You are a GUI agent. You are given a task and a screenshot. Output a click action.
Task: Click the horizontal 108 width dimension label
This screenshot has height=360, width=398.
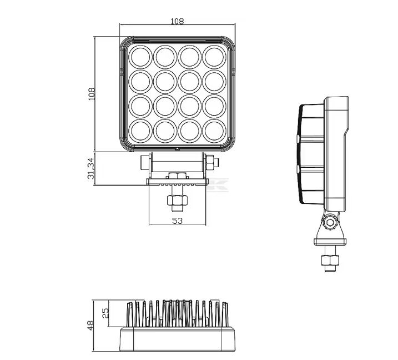[x=177, y=21]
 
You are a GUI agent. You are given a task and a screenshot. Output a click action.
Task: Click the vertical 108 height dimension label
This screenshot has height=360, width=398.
[x=92, y=94]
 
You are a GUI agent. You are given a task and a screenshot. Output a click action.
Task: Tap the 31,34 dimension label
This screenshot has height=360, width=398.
[x=91, y=168]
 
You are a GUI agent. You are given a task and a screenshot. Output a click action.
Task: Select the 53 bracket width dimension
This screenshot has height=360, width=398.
[x=177, y=221]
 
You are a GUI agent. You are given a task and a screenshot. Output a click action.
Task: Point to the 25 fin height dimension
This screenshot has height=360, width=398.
[x=105, y=313]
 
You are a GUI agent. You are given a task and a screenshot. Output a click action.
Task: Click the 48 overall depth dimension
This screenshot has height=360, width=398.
[x=90, y=326]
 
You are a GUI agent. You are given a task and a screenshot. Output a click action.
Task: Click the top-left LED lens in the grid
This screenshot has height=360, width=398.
[x=140, y=57]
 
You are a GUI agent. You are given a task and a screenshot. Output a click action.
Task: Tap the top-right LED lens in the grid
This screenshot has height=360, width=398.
[x=215, y=57]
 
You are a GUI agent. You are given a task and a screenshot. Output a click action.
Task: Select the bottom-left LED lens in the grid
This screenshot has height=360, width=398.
[x=140, y=131]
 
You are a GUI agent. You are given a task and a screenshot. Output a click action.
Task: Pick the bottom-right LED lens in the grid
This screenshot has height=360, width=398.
[x=215, y=131]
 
